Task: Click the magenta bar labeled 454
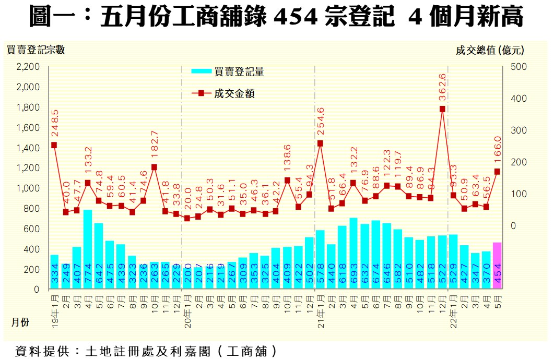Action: tap(497, 266)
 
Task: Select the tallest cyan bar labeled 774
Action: tap(88, 249)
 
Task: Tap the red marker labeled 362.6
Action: tap(442, 109)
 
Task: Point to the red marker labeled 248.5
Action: tap(54, 145)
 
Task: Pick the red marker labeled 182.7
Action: tap(154, 167)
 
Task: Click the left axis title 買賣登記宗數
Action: tap(36, 50)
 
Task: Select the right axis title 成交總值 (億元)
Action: tap(489, 50)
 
